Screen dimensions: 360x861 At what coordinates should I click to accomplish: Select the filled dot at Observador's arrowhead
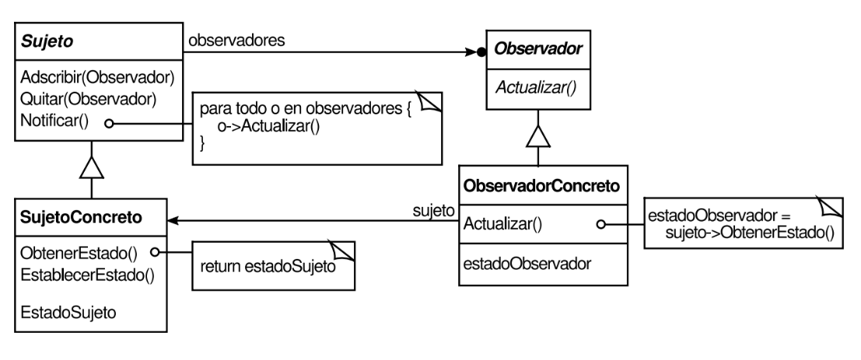(x=481, y=53)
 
